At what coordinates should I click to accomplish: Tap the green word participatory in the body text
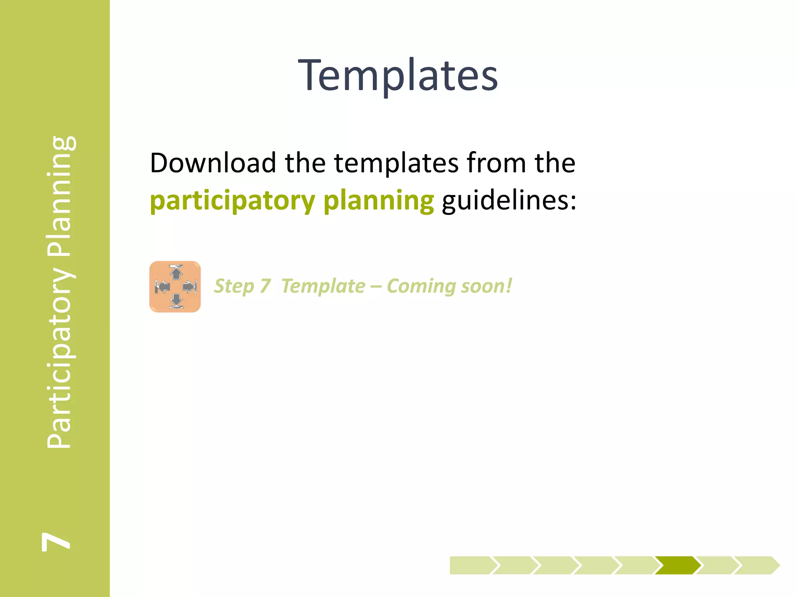[232, 201]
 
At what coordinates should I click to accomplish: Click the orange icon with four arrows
[175, 287]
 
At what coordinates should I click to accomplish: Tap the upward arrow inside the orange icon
[176, 272]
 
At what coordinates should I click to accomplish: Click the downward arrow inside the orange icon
[176, 301]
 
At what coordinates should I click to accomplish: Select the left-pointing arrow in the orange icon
[162, 287]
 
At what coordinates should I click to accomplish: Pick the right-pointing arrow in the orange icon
[190, 287]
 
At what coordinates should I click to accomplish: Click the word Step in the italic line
[233, 286]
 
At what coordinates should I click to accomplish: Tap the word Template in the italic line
[323, 286]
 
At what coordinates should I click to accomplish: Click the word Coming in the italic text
[421, 286]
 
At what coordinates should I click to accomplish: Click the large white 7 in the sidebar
[56, 541]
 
